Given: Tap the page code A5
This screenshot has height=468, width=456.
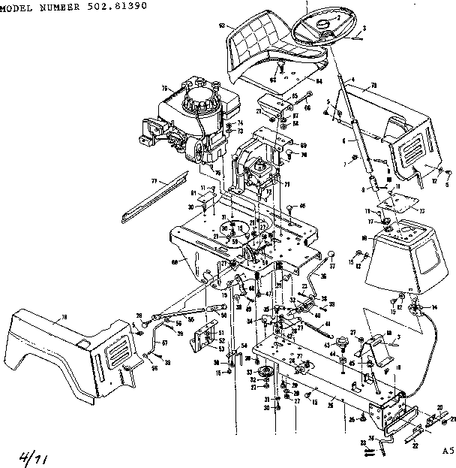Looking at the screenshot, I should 447,451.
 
